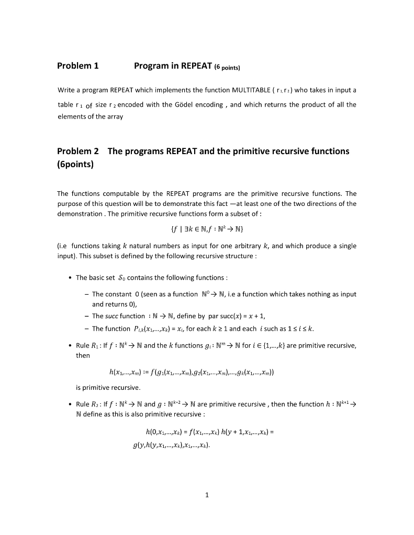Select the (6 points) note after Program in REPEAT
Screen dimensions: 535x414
click(x=226, y=67)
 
